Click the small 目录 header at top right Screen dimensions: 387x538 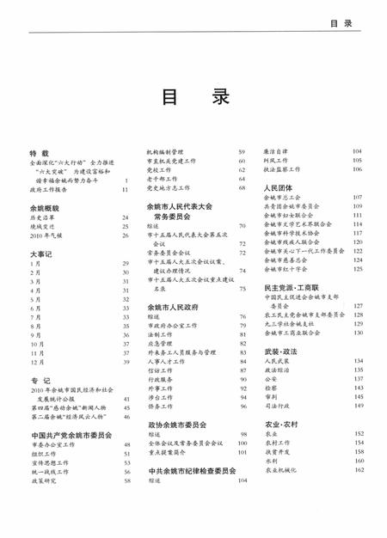341,24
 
